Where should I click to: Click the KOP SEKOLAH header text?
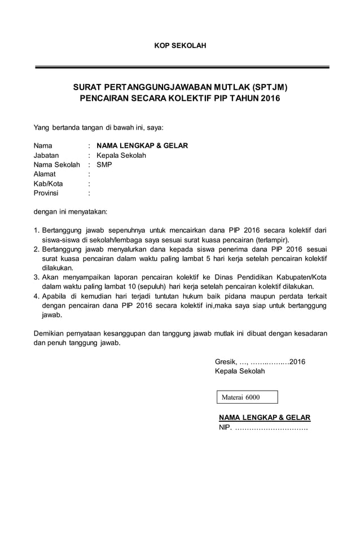(180, 45)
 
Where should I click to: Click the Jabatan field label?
(48, 155)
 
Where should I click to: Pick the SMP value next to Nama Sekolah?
(104, 165)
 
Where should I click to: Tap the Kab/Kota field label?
(48, 184)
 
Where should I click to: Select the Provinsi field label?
(46, 193)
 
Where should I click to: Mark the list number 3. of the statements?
(37, 277)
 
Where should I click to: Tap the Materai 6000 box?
(247, 398)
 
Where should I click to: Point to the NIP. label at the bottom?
(225, 428)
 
